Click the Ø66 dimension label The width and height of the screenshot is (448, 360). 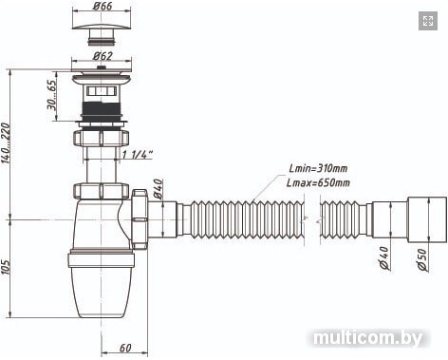(103, 6)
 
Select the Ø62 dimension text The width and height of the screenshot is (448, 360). (103, 56)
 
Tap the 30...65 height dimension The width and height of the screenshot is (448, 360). (51, 94)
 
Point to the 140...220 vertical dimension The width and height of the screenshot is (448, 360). (6, 143)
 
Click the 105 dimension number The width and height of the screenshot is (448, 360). (6, 267)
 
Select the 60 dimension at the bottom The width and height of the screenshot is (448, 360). (125, 348)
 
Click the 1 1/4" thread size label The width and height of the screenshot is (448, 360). (138, 154)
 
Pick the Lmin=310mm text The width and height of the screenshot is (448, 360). (318, 168)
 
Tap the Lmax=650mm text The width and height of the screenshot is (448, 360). (318, 182)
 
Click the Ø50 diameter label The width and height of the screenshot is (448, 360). (422, 259)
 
